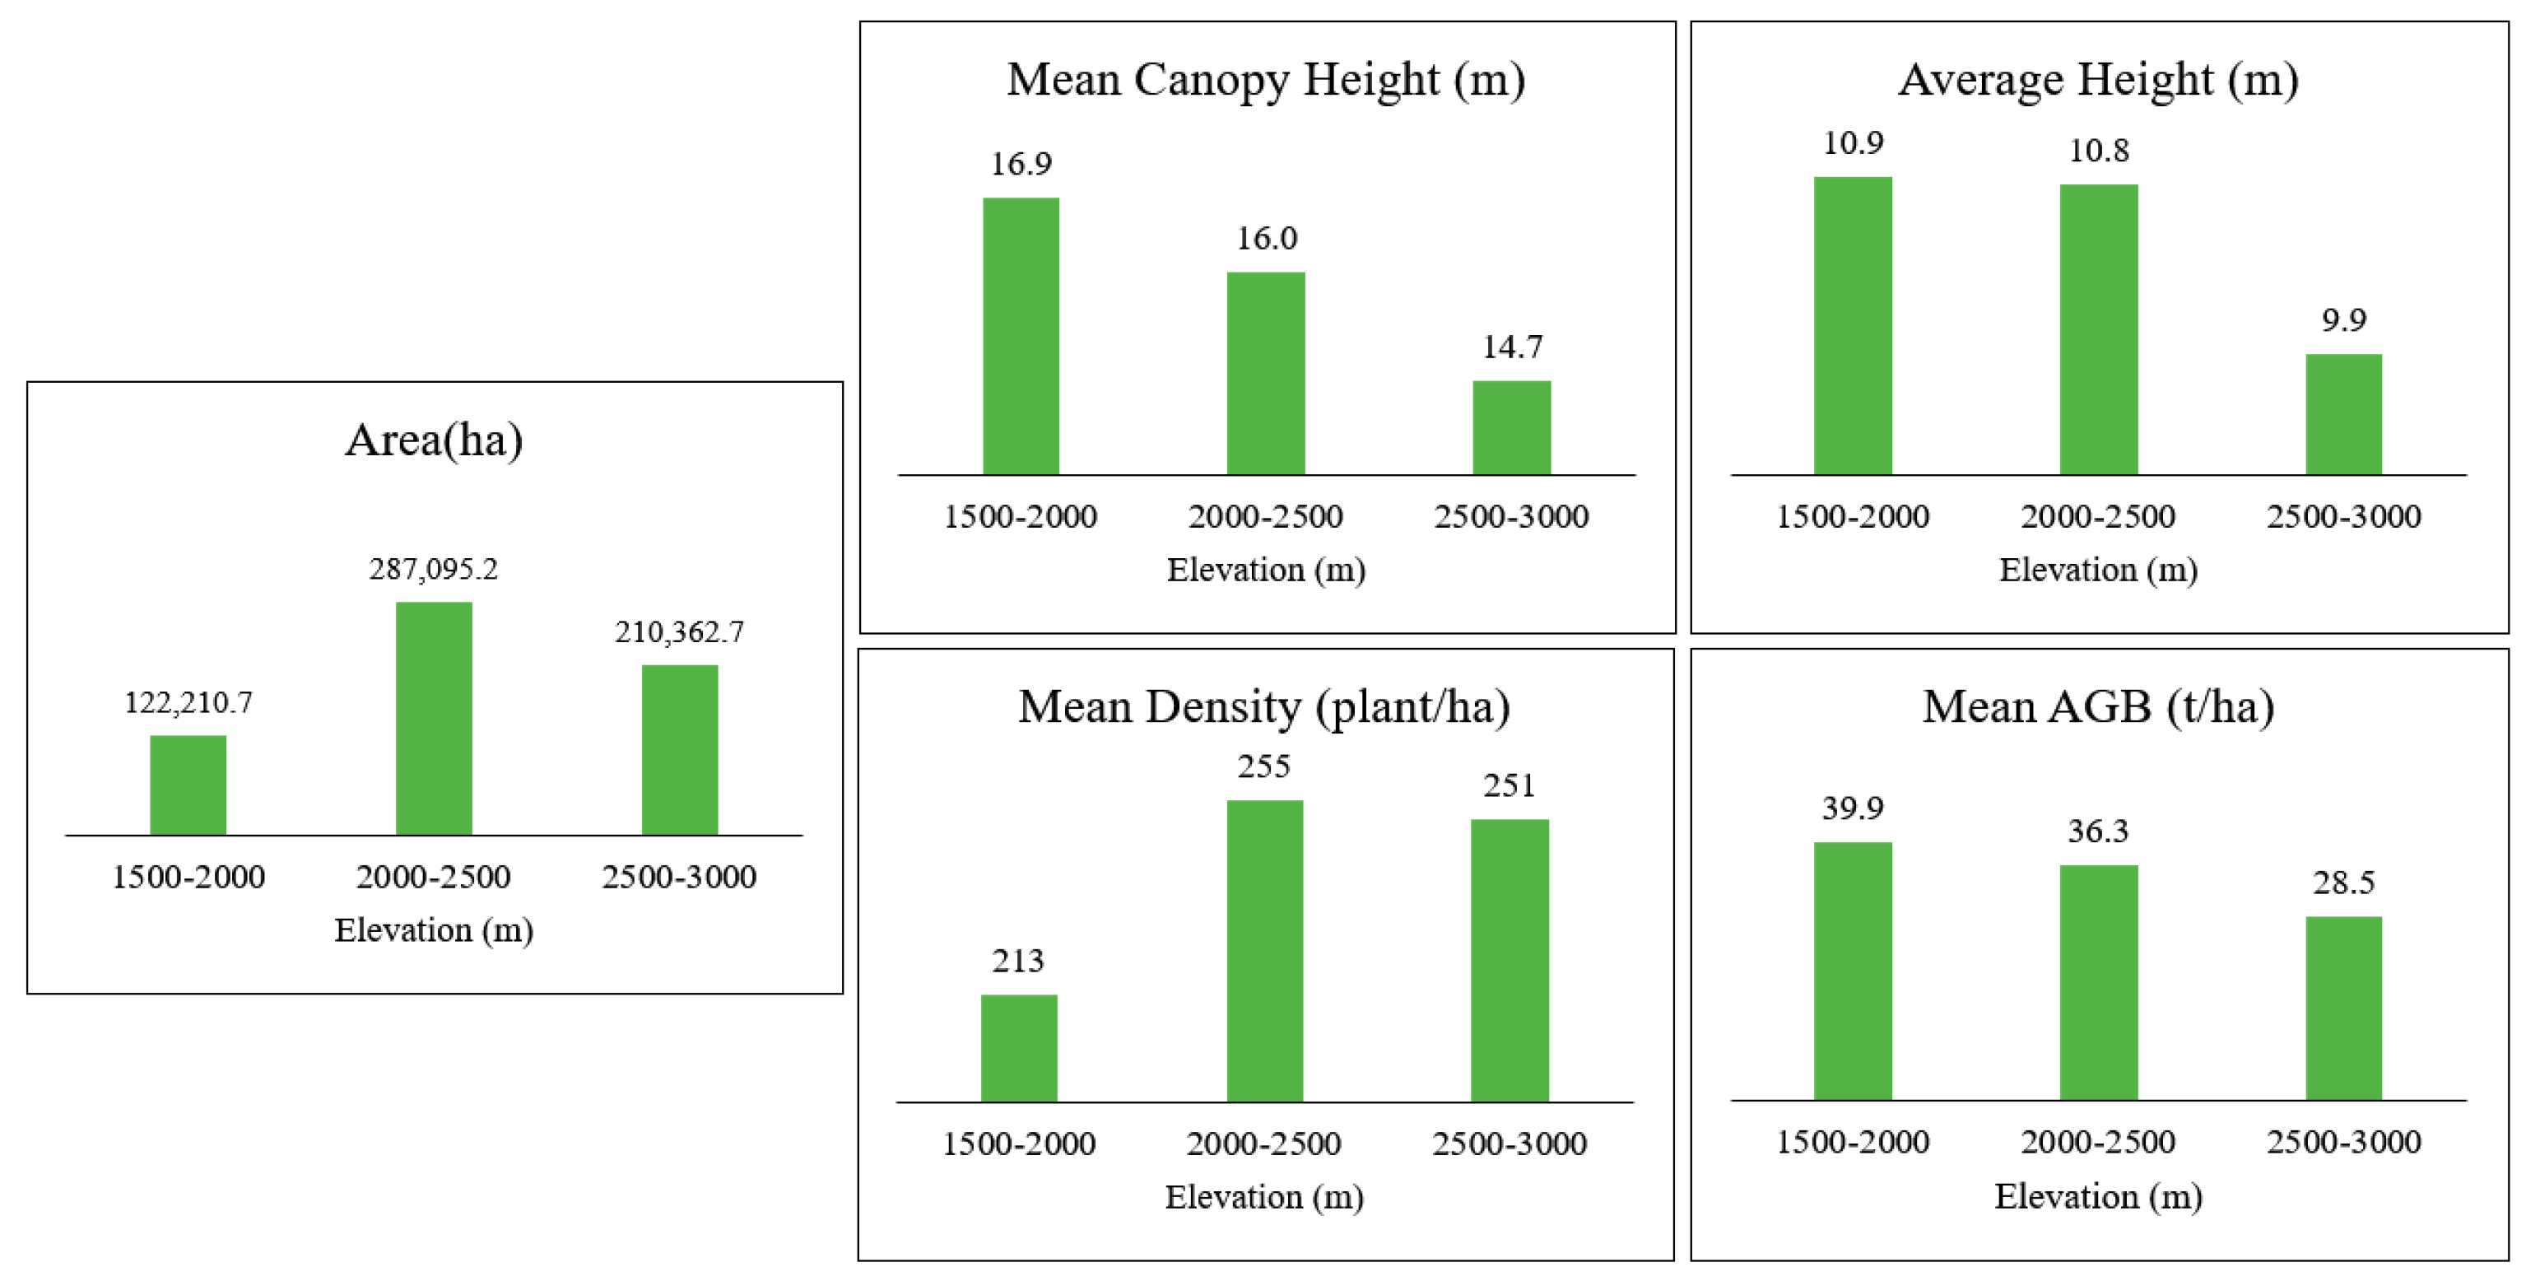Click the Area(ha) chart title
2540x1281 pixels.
coord(434,440)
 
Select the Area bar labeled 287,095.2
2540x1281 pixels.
coord(434,719)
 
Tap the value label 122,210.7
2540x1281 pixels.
coord(188,703)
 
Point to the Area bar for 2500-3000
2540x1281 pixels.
coord(679,751)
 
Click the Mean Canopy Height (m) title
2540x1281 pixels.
coord(1266,80)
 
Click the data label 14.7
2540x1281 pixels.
coord(1512,347)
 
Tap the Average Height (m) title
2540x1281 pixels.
coord(2098,80)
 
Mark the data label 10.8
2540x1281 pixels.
coord(2098,151)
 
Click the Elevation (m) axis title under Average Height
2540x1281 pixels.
coord(2098,570)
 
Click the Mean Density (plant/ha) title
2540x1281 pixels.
coord(1264,707)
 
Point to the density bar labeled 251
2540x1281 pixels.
coord(1510,961)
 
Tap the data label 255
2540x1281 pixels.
coord(1264,767)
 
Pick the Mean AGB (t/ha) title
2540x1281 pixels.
coord(2098,707)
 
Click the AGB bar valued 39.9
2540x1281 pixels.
coord(1853,971)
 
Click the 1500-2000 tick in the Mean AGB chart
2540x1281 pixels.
coord(1852,1142)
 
